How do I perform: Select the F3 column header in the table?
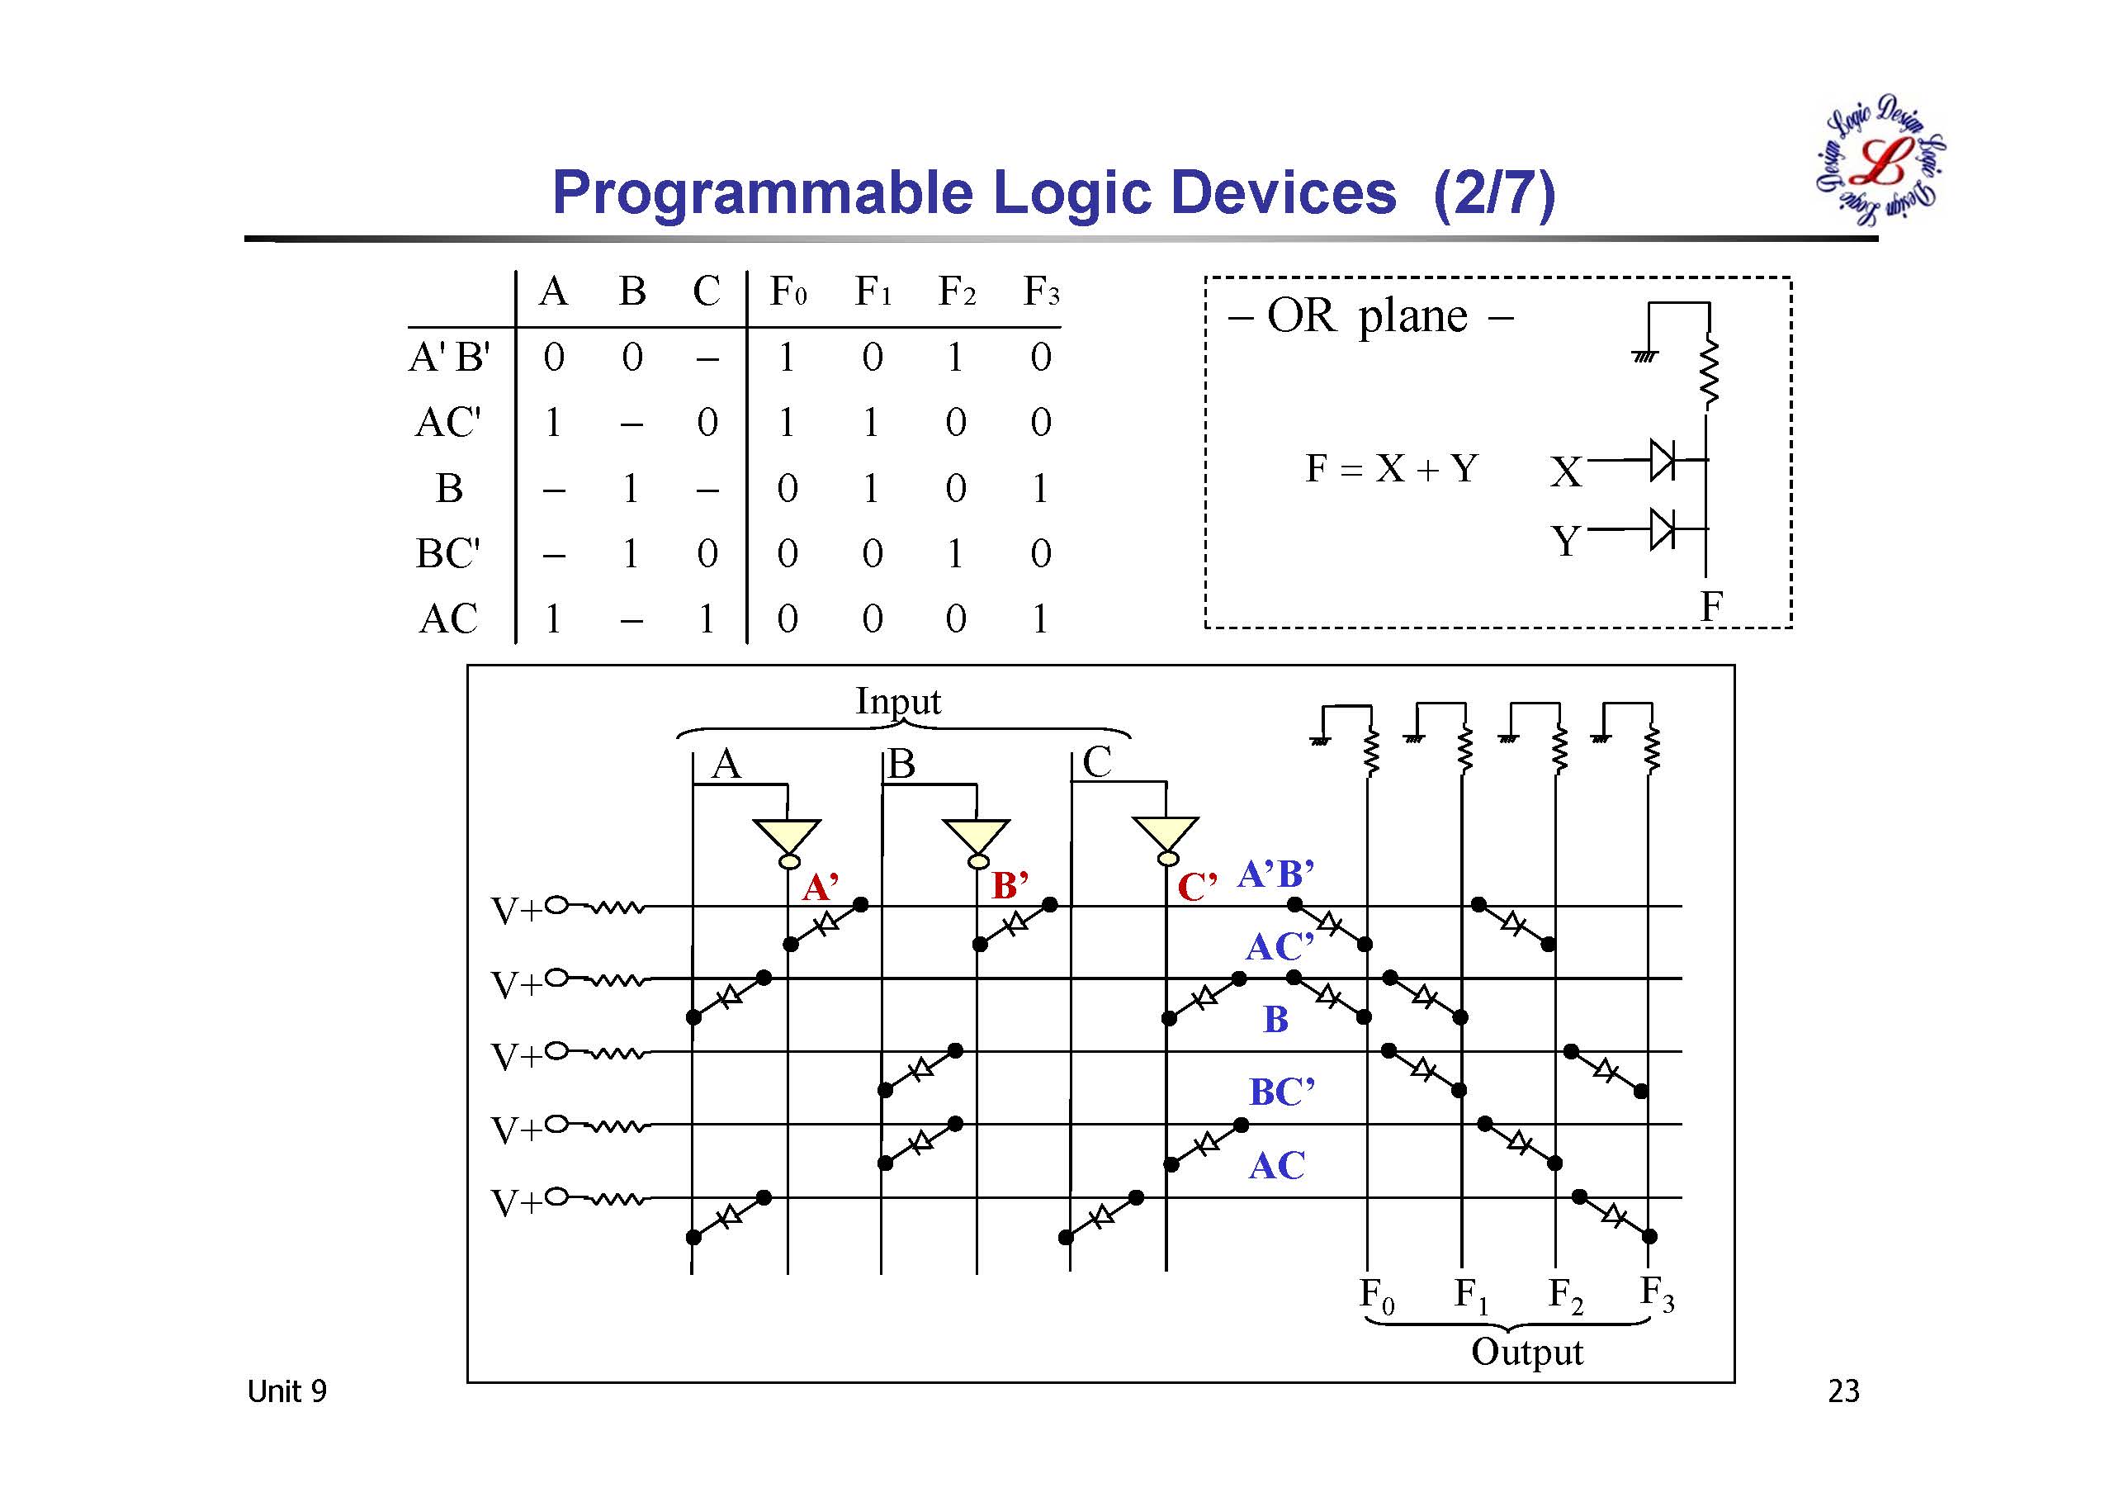click(x=1041, y=292)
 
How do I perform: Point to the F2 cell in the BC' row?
click(x=955, y=553)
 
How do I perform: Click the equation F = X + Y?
click(x=1391, y=468)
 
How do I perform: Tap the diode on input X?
click(x=1662, y=460)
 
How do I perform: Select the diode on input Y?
click(x=1662, y=528)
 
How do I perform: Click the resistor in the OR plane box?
click(x=1710, y=372)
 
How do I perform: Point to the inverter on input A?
click(x=788, y=841)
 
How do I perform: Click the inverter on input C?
click(x=1166, y=840)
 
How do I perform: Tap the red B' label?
click(x=1010, y=886)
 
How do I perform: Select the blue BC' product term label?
click(x=1282, y=1093)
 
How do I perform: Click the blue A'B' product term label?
click(x=1275, y=874)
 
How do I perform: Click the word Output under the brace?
click(x=1527, y=1352)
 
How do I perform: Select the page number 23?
click(x=1843, y=1391)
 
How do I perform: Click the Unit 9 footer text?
click(x=286, y=1391)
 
